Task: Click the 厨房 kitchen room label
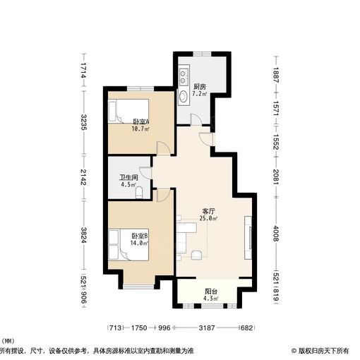[x=200, y=87]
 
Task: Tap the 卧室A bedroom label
[x=141, y=121]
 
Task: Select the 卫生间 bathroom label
[x=128, y=177]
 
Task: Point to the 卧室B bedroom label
[x=140, y=236]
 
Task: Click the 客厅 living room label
[x=208, y=211]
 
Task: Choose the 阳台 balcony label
[x=211, y=292]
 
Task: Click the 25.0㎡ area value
[x=208, y=218]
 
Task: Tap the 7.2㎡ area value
[x=200, y=94]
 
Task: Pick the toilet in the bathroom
[x=139, y=193]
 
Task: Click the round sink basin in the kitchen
[x=184, y=96]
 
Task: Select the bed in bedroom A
[x=128, y=111]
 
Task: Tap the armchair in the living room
[x=197, y=255]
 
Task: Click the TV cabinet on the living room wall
[x=248, y=238]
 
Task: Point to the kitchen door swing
[x=196, y=119]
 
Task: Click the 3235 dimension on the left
[x=83, y=122]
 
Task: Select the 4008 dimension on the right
[x=276, y=234]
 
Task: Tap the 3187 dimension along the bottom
[x=207, y=328]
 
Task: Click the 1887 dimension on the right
[x=276, y=75]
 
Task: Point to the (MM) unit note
[x=8, y=341]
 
